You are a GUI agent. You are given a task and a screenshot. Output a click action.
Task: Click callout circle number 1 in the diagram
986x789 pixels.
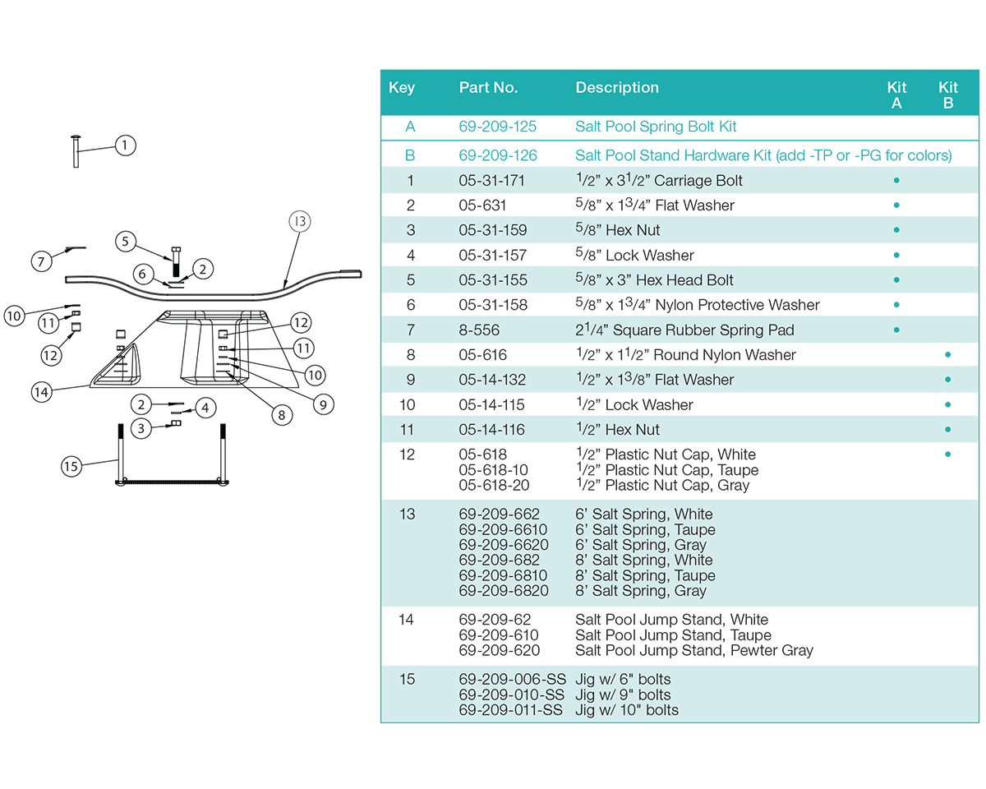pyautogui.click(x=124, y=145)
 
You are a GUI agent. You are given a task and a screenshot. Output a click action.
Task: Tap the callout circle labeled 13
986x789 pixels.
pyautogui.click(x=301, y=221)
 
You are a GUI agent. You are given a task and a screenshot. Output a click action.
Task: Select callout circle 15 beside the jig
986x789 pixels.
pyautogui.click(x=72, y=466)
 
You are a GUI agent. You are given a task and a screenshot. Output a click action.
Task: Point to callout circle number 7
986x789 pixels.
pyautogui.click(x=41, y=261)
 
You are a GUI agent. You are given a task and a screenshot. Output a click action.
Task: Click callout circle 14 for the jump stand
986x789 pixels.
pyautogui.click(x=41, y=392)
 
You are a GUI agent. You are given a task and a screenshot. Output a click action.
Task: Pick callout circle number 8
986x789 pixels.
pyautogui.click(x=281, y=415)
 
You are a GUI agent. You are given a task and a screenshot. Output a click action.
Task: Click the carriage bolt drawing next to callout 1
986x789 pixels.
pyautogui.click(x=75, y=150)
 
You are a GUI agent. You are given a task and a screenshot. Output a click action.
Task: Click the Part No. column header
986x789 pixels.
pyautogui.click(x=488, y=88)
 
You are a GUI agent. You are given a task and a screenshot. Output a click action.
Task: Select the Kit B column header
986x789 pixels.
pyautogui.click(x=947, y=95)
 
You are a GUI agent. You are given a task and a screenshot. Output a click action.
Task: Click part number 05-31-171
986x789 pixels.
pyautogui.click(x=491, y=181)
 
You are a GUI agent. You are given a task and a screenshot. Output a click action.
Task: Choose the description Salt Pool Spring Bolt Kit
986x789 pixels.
pyautogui.click(x=656, y=127)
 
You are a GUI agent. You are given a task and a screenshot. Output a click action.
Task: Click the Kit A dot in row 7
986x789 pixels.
pyautogui.click(x=896, y=330)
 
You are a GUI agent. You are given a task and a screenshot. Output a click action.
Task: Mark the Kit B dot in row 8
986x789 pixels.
pyautogui.click(x=947, y=354)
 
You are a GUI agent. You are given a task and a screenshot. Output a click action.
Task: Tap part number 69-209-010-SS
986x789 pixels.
pyautogui.click(x=512, y=694)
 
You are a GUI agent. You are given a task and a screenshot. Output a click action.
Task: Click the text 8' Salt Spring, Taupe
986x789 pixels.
pyautogui.click(x=645, y=575)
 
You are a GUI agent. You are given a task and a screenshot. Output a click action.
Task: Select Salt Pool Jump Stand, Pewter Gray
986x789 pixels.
pyautogui.click(x=693, y=650)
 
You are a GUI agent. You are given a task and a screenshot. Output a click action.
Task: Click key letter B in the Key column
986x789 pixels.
pyautogui.click(x=411, y=155)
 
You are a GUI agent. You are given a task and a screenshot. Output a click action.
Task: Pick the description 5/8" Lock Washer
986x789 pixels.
pyautogui.click(x=634, y=256)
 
